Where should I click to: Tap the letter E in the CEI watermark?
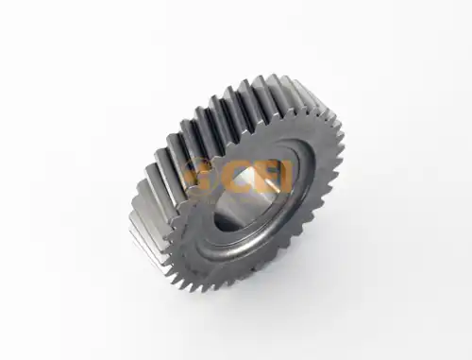click(264, 179)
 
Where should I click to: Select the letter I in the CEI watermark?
click(285, 179)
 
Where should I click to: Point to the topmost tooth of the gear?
click(271, 78)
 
